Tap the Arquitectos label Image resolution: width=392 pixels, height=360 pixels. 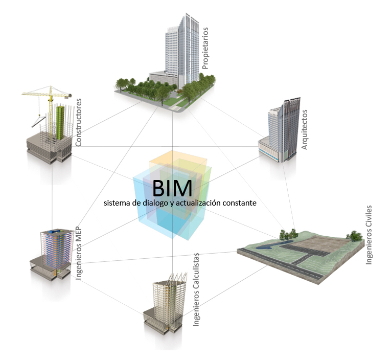[x=305, y=129]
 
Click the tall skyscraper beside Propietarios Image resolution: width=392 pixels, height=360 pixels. [x=180, y=49]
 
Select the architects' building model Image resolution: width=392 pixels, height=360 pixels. [x=281, y=130]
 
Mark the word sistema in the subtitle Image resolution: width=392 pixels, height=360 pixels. [x=117, y=203]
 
